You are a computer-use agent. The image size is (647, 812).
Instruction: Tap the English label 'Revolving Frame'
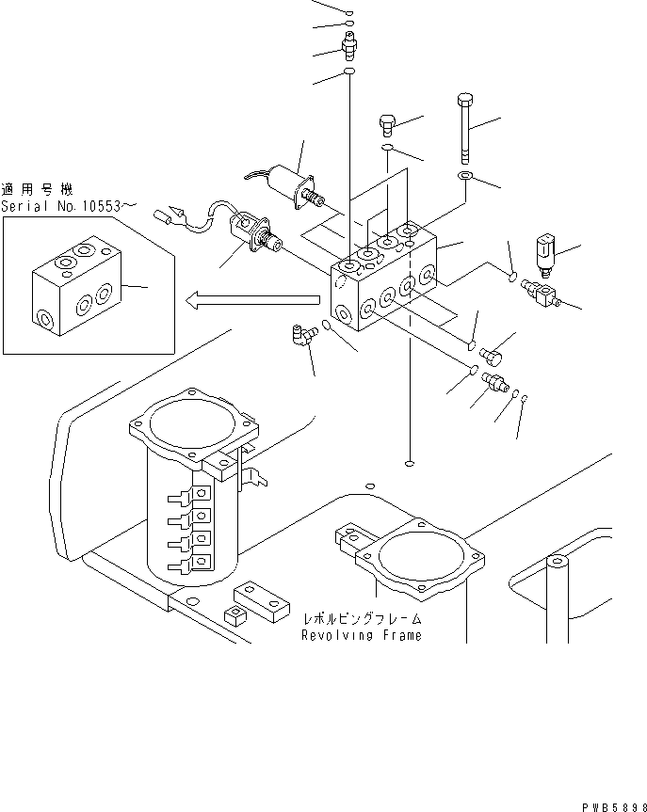(362, 635)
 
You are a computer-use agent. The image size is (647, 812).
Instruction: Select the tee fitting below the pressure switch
(542, 293)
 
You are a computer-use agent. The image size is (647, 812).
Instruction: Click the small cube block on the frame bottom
(232, 615)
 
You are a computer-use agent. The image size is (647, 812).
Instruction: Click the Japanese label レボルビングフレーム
(363, 619)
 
